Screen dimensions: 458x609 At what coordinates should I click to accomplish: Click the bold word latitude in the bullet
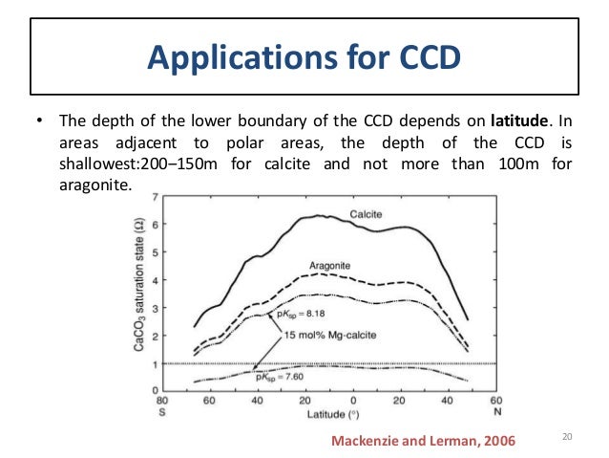(x=521, y=122)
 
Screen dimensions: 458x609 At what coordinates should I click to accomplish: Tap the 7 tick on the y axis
(x=157, y=196)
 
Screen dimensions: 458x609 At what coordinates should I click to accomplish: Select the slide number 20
(x=566, y=437)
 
